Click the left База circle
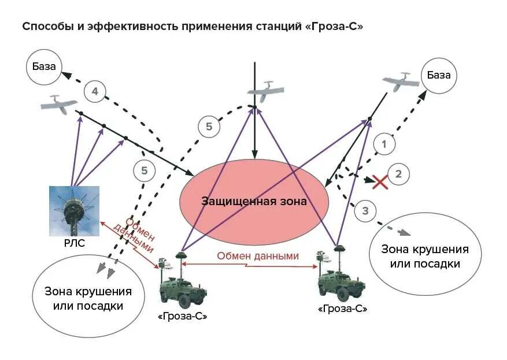(44, 67)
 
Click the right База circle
(439, 75)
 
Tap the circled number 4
(95, 91)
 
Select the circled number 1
(383, 143)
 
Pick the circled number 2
(398, 173)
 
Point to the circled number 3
(365, 211)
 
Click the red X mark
(380, 182)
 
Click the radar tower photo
(74, 211)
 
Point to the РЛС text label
(74, 243)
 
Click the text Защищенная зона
(254, 201)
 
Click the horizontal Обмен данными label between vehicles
(258, 256)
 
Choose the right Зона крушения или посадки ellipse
(424, 256)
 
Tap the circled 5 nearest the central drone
(209, 127)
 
